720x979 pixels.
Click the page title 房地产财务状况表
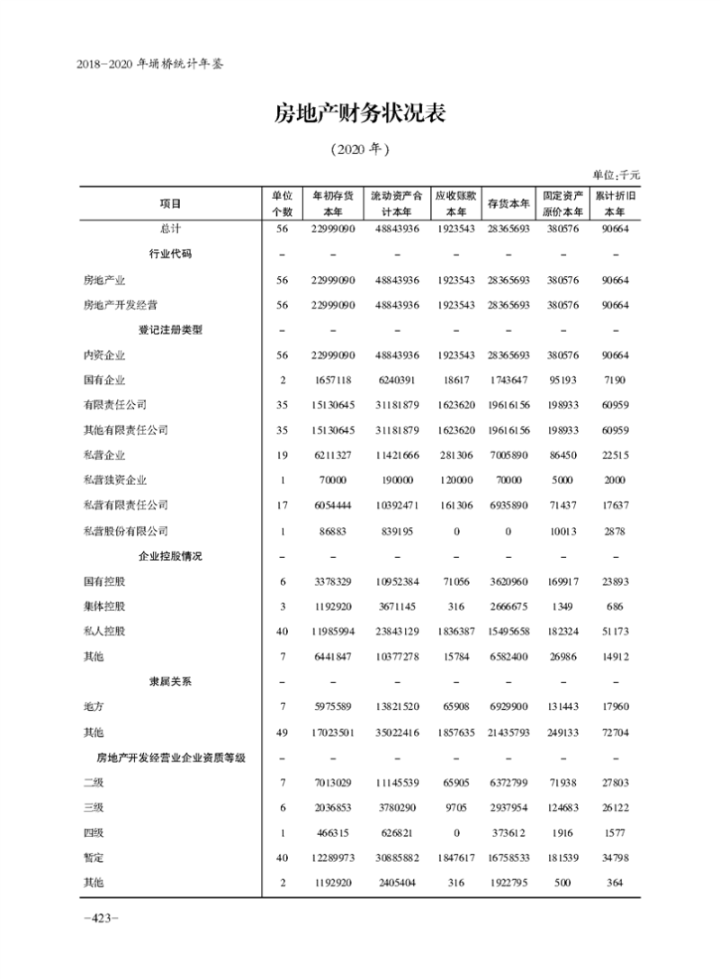[x=360, y=114]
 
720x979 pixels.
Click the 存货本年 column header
[x=508, y=203]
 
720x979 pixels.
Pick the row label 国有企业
[x=103, y=380]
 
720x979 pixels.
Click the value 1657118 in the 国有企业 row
[x=332, y=380]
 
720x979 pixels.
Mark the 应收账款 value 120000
[x=455, y=481]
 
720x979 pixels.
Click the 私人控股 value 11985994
[x=332, y=631]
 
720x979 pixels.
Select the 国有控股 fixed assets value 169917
[x=563, y=581]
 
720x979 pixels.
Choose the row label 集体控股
[x=103, y=606]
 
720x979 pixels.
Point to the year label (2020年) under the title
[x=360, y=148]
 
